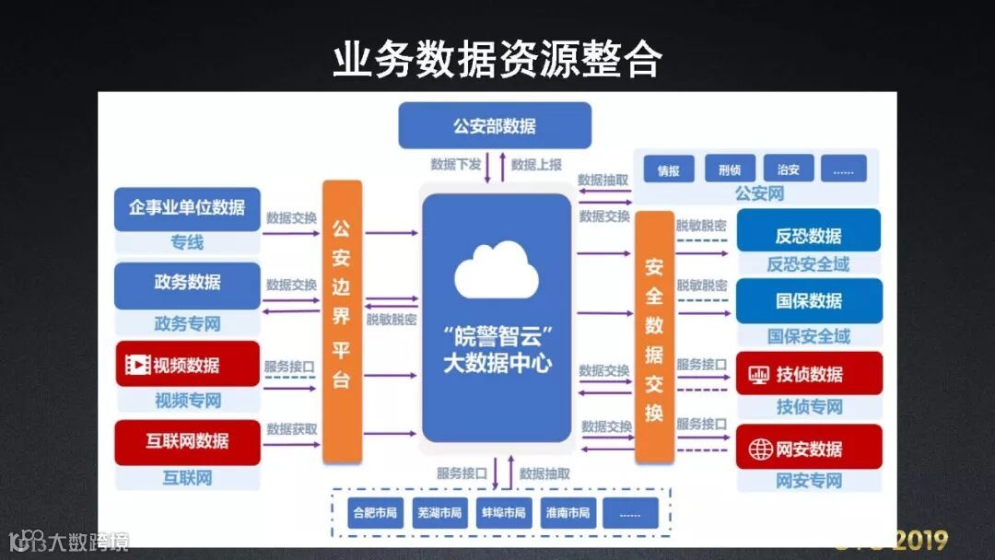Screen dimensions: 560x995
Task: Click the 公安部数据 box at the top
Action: [x=494, y=125]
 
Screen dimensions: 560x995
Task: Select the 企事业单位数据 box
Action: [x=187, y=208]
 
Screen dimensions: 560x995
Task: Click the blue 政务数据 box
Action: [x=187, y=283]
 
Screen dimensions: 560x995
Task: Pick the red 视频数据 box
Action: [x=187, y=365]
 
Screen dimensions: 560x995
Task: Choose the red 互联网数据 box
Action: [x=187, y=440]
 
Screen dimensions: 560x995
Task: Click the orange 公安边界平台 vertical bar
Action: [x=342, y=321]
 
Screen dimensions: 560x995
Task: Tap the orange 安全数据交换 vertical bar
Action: [x=654, y=336]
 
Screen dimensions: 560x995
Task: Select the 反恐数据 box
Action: [x=808, y=234]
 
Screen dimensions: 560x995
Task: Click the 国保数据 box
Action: [x=808, y=300]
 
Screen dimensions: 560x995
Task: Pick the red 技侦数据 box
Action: [x=808, y=374]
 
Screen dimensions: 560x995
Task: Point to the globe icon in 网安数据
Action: [x=760, y=449]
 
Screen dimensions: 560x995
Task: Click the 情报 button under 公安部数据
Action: [x=668, y=169]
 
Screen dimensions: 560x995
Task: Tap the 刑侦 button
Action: [x=730, y=169]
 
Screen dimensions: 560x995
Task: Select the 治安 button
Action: [x=788, y=169]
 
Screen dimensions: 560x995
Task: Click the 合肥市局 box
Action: [x=374, y=513]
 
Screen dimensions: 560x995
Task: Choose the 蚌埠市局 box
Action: [x=502, y=513]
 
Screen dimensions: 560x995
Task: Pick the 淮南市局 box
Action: [x=567, y=513]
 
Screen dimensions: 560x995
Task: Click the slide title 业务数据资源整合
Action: [x=497, y=59]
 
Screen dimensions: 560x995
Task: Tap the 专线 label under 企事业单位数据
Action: [x=187, y=242]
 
